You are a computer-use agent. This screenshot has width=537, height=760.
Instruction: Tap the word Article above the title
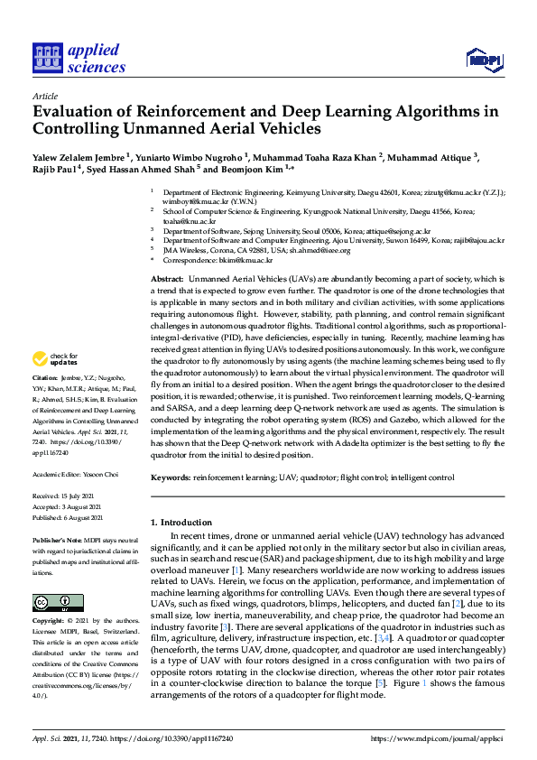pyautogui.click(x=44, y=95)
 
